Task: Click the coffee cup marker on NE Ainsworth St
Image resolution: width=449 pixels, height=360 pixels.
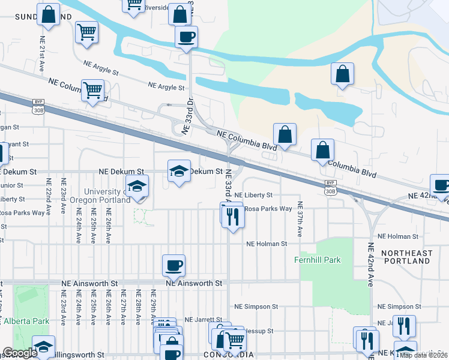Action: (174, 265)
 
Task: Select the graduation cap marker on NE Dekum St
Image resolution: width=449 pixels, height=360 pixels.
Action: (179, 172)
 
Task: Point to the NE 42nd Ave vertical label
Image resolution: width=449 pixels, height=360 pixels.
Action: (370, 265)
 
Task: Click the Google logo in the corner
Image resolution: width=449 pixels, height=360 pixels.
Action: (20, 353)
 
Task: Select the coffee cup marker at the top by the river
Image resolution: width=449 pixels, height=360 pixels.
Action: (186, 37)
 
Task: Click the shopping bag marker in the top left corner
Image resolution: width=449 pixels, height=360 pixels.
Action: (49, 14)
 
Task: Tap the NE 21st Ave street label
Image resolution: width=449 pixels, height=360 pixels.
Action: (42, 55)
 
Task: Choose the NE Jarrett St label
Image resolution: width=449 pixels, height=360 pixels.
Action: (203, 320)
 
